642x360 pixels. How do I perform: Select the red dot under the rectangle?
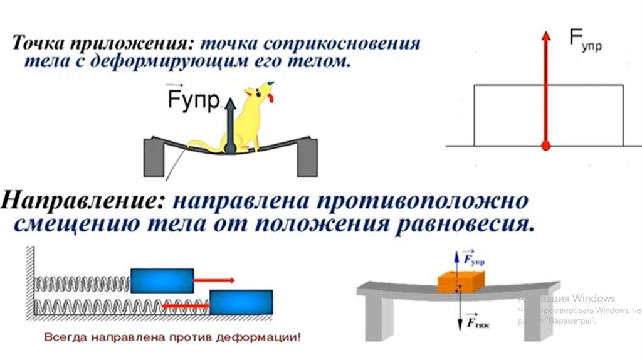point(545,146)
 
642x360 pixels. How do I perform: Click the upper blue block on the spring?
point(162,280)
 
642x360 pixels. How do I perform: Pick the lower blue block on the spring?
point(241,302)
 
